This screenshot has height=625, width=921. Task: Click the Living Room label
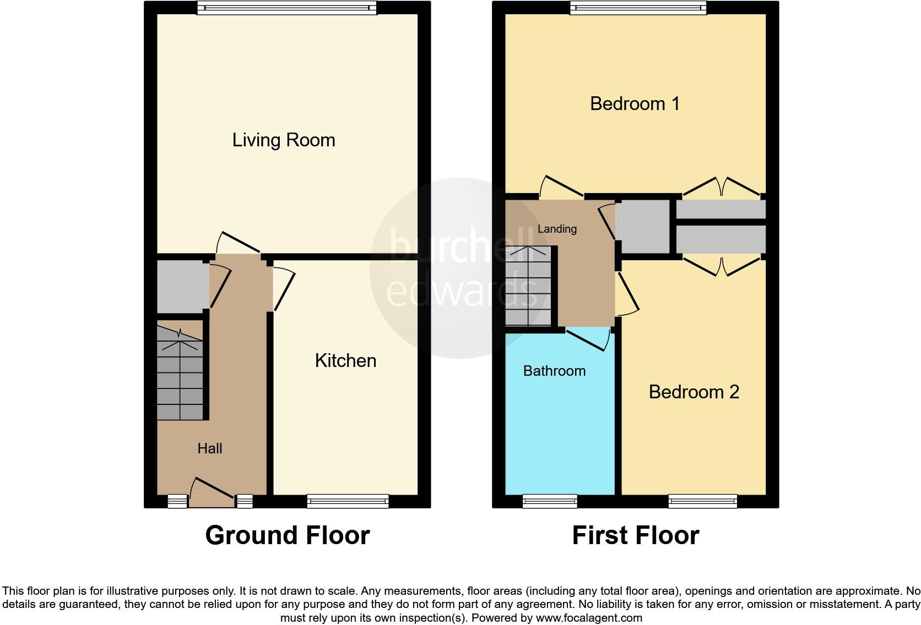coord(284,140)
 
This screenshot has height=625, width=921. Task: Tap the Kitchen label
coord(345,361)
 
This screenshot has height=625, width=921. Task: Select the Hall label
coord(209,448)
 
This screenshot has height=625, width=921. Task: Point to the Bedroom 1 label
coord(635,103)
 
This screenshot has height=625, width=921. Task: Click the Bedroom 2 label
coord(694,392)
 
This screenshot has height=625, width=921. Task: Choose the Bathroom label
coord(554,371)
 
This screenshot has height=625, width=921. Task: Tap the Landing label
coord(557,229)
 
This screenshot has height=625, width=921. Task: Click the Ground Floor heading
coord(287,535)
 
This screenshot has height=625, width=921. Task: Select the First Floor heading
coord(635,535)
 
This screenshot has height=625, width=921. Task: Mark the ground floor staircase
coord(180,374)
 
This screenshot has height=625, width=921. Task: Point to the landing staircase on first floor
coord(528,286)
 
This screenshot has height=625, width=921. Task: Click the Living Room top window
coord(286,8)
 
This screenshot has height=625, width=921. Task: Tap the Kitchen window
coord(348,501)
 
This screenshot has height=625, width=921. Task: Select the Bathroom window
coord(550,501)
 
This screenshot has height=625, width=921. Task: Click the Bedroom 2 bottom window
coord(702,501)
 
